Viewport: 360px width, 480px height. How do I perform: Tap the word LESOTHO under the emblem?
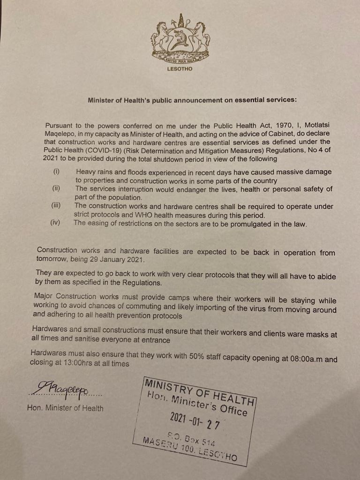pos(179,69)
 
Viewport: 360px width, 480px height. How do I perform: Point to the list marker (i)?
pos(56,172)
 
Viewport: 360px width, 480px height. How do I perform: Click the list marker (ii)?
pos(56,188)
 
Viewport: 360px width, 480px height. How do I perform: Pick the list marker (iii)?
pos(56,205)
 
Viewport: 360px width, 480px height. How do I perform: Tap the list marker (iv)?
pos(55,223)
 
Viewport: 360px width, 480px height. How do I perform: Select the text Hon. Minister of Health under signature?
pos(65,408)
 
